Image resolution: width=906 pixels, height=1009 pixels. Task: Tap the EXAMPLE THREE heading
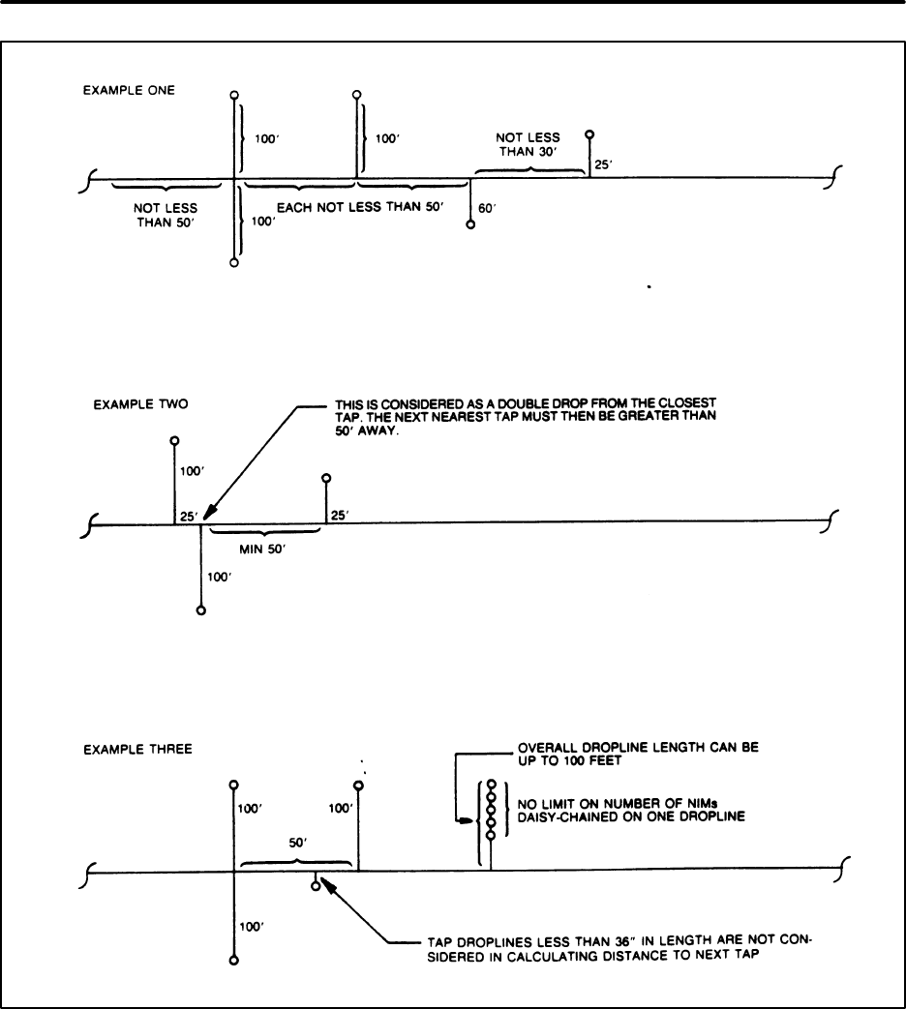(x=124, y=749)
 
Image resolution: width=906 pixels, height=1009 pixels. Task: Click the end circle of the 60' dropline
(x=470, y=224)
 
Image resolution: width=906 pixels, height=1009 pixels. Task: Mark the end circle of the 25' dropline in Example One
(x=589, y=135)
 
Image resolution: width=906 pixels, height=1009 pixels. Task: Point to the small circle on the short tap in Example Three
(x=316, y=885)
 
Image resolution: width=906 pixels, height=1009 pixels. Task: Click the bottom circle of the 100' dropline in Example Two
(x=200, y=610)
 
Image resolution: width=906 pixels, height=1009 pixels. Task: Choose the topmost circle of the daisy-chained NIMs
(x=492, y=785)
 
